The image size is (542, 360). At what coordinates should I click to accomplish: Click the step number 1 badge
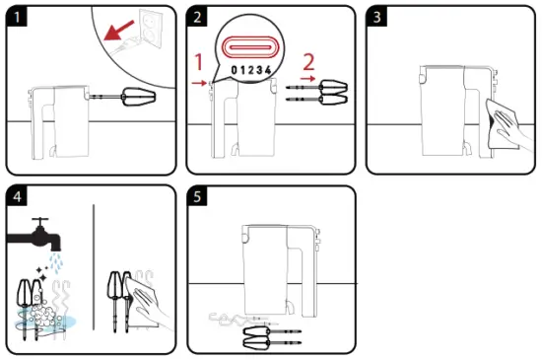[16, 17]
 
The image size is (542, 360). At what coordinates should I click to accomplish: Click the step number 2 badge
[197, 17]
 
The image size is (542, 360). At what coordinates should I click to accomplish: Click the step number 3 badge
[376, 17]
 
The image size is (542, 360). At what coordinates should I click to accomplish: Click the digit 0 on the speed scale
[233, 71]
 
